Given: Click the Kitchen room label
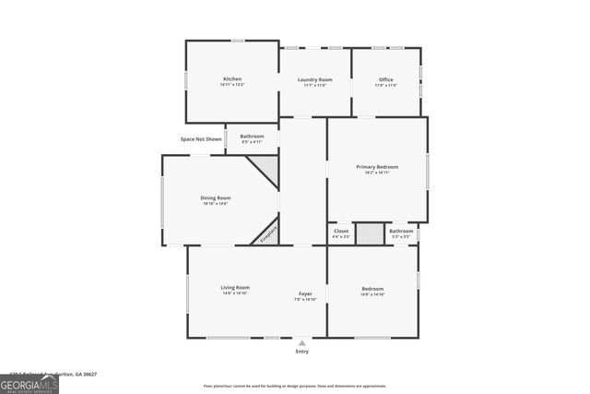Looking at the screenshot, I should coord(232,79).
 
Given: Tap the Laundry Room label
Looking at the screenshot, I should coord(314,80).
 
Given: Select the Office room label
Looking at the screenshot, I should coord(386,80).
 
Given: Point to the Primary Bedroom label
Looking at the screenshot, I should coord(377,167).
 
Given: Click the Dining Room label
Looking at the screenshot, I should coord(216,197).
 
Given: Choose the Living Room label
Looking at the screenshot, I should coord(235,287).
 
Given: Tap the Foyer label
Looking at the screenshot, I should coord(305,293).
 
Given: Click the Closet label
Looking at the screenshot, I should coord(341,231).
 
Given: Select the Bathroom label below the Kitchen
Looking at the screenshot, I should coord(253,137).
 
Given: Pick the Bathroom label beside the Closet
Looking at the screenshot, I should coord(401,231).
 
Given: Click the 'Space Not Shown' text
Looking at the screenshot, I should coord(201,139).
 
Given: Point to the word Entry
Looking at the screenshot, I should coord(302,352).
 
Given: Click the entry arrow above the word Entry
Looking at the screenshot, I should coord(302,342).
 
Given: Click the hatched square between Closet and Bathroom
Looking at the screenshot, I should coord(370,233).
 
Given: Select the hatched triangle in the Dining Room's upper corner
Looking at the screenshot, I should coord(267,166).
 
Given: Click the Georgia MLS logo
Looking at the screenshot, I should coord(29,382).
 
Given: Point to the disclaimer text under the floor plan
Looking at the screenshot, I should coord(295,387).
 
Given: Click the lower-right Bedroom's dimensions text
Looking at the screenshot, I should coord(372,294).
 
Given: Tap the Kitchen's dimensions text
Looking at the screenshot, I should coord(232,85).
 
